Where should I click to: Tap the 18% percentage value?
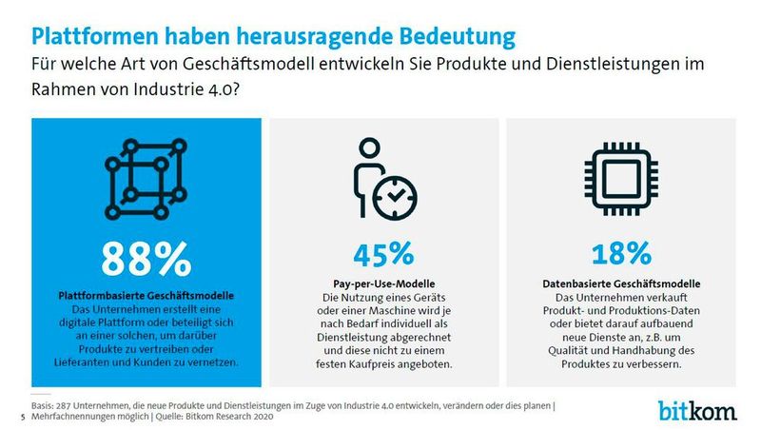[618, 254]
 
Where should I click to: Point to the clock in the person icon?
[395, 195]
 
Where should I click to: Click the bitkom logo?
[697, 410]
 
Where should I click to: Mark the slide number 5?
[22, 417]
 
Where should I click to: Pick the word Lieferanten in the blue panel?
[105, 364]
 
